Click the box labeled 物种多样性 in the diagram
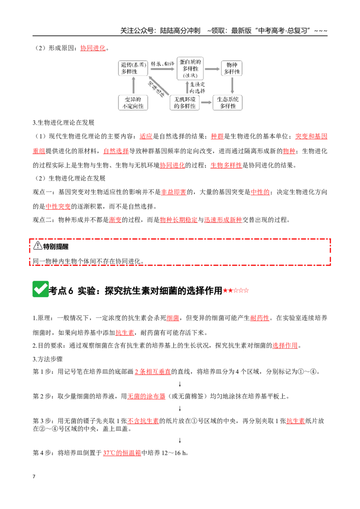[x=232, y=68]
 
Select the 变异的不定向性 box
[x=133, y=103]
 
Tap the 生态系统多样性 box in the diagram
[x=227, y=103]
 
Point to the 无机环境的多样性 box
[x=184, y=103]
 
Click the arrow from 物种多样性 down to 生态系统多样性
[x=232, y=85]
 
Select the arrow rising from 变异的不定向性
[x=133, y=85]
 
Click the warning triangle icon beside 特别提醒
[x=38, y=246]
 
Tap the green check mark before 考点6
[x=40, y=289]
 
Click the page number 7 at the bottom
[x=34, y=476]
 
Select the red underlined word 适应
[x=146, y=136]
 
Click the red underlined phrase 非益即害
[x=174, y=192]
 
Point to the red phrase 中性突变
[x=58, y=206]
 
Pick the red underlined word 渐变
[x=115, y=220]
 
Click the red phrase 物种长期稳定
[x=179, y=220]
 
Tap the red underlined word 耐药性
[x=260, y=318]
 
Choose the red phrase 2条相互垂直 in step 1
[x=153, y=371]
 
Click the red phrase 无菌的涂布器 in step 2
[x=146, y=396]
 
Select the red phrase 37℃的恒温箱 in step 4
[x=122, y=453]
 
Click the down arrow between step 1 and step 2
[x=180, y=384]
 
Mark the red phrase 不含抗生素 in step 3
[x=143, y=421]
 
